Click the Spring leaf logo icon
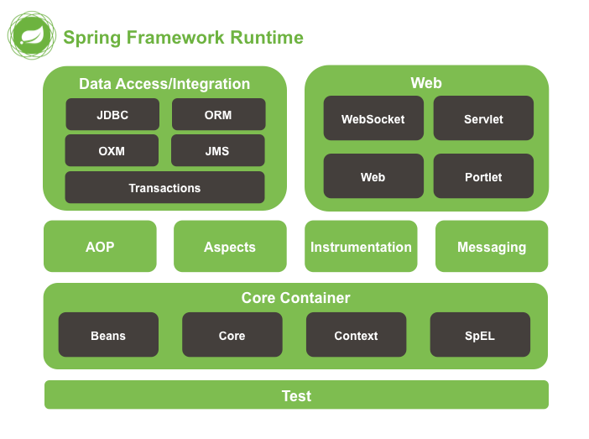pos(31,36)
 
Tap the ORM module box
pos(218,115)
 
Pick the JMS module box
pos(217,151)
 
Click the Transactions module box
pos(164,188)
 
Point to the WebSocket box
pos(373,118)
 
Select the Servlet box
pos(483,118)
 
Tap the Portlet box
pos(483,176)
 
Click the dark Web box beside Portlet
pos(373,176)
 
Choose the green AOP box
pos(100,247)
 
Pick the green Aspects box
pos(230,247)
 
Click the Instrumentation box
pos(361,247)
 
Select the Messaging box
pos(492,247)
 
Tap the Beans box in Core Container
pos(108,335)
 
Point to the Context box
pos(356,335)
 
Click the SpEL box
pos(480,335)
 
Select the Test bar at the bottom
pos(296,395)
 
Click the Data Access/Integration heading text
pos(164,84)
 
